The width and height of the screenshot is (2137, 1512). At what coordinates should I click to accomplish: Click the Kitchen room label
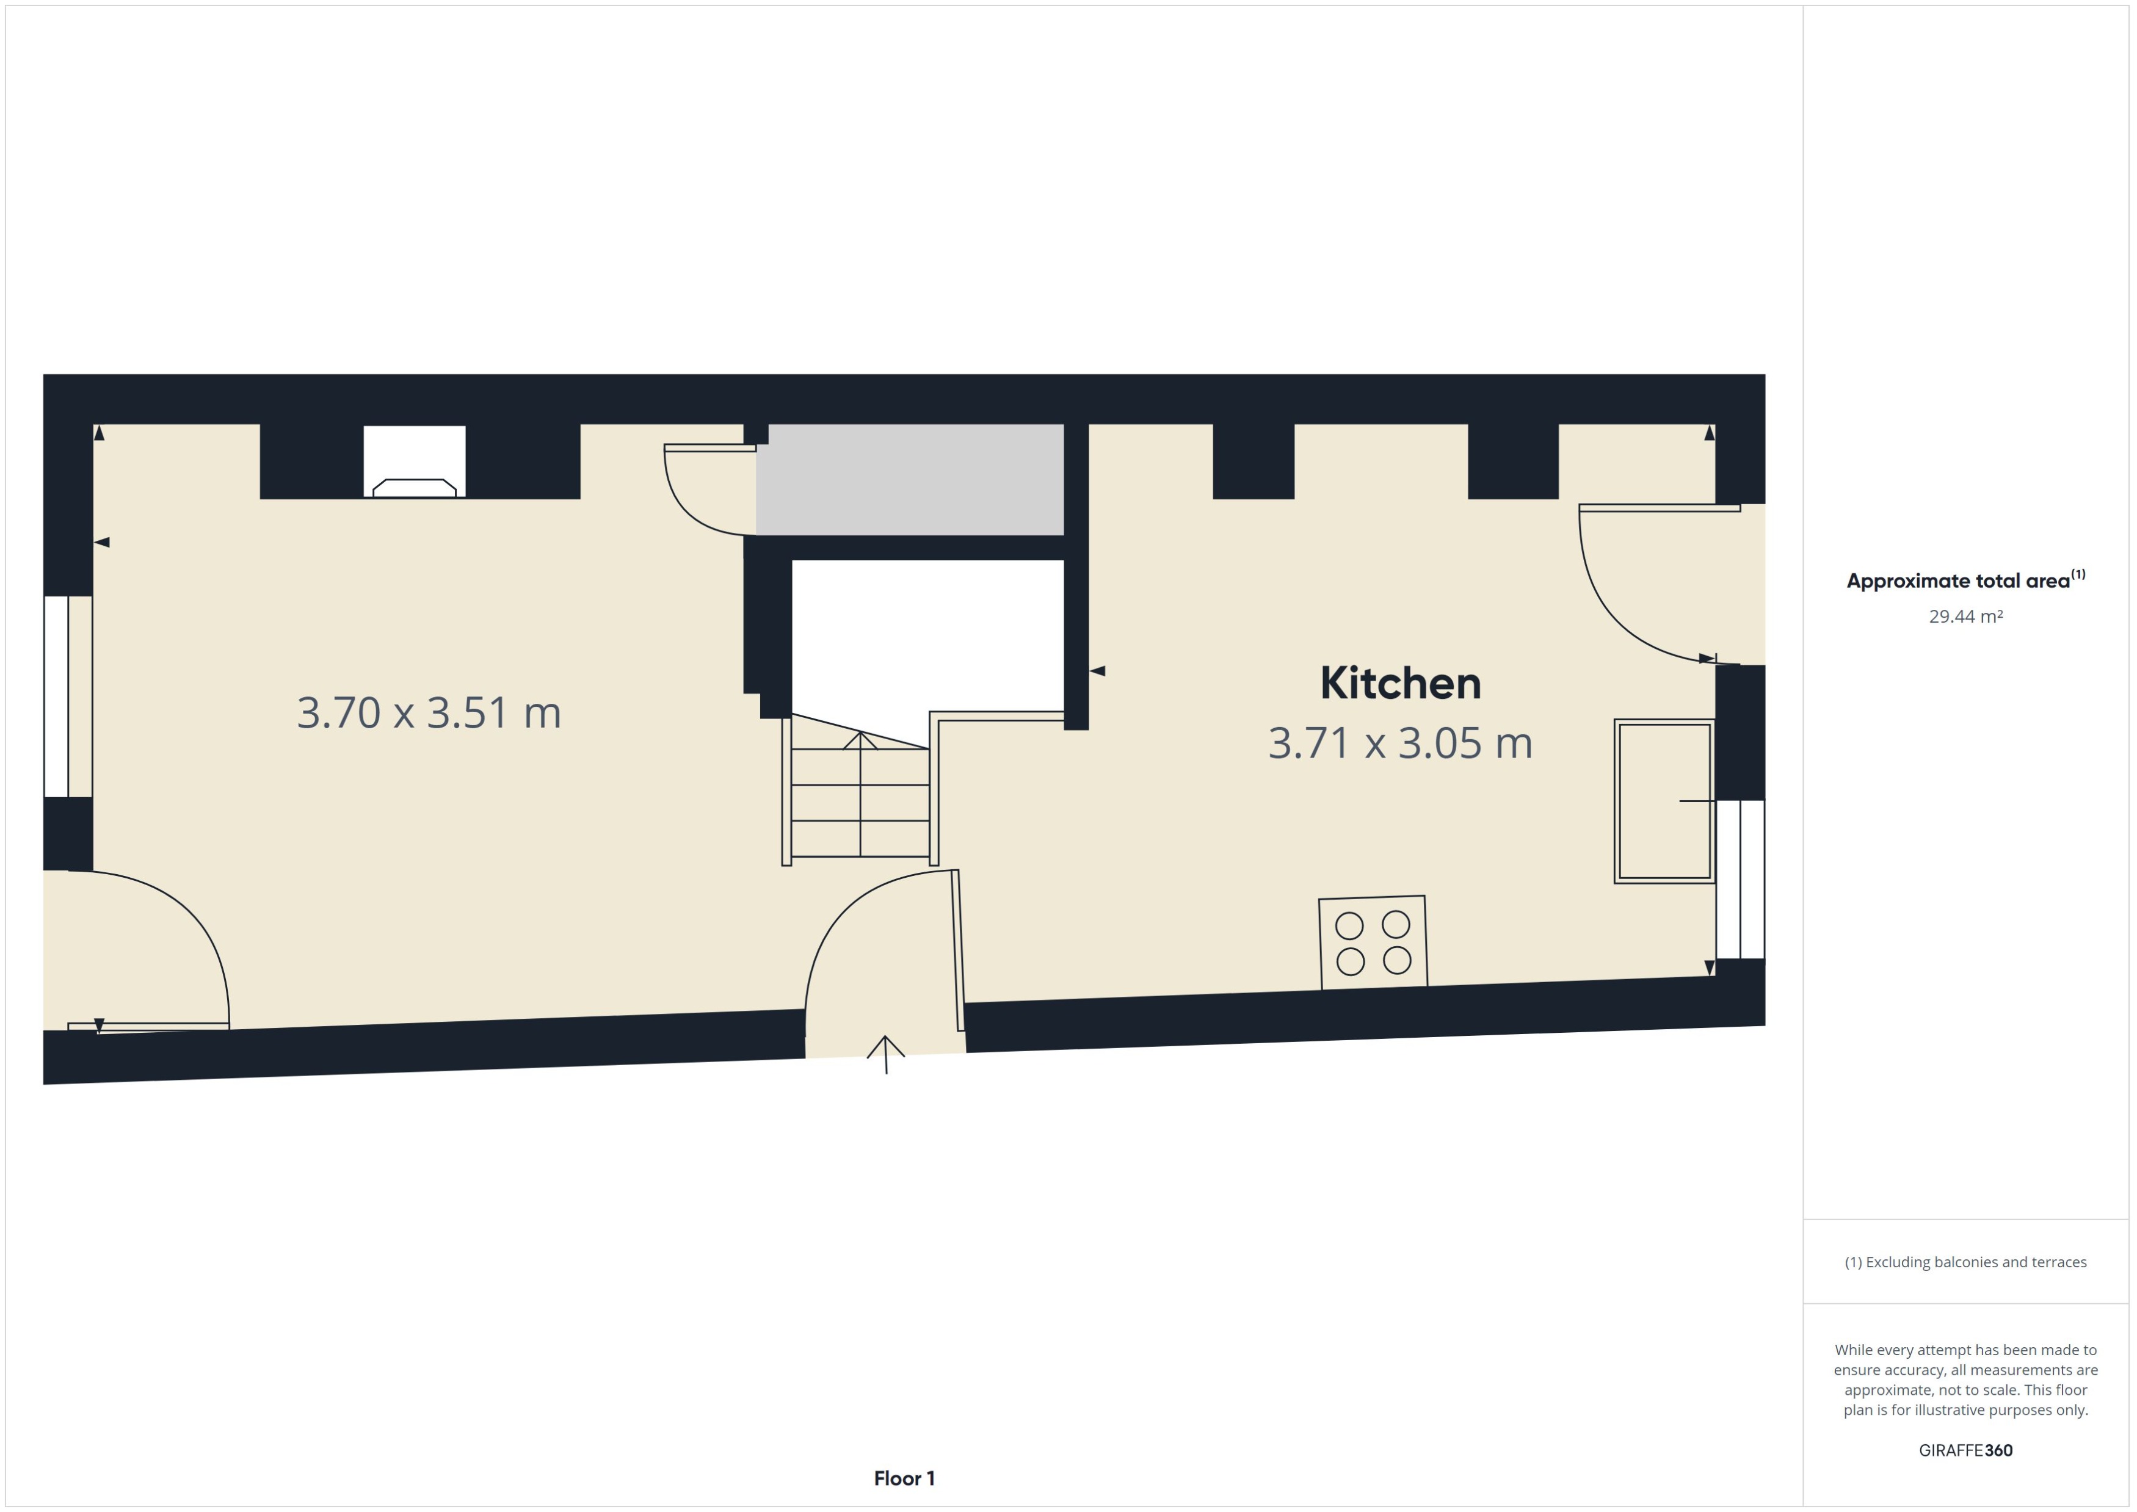[1399, 684]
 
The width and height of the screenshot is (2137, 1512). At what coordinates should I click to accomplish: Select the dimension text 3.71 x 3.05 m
[1399, 743]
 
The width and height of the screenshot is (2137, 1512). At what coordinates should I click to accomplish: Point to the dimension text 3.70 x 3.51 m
[429, 712]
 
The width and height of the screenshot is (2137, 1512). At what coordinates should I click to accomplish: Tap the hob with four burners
[1373, 942]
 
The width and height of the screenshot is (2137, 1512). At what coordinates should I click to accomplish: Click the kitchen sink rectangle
[1663, 801]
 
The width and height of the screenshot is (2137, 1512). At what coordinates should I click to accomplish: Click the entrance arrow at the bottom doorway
[885, 1054]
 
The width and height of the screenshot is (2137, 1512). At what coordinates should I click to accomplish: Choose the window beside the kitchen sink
[1740, 879]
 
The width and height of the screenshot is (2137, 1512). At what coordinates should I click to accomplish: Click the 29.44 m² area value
[1965, 617]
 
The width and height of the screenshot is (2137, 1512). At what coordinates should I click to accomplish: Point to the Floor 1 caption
[903, 1478]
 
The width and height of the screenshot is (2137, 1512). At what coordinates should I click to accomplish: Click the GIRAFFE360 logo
[1965, 1450]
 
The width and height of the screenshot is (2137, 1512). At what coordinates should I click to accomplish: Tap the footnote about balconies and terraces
[1965, 1262]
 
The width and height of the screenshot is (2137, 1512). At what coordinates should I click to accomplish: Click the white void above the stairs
[927, 633]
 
